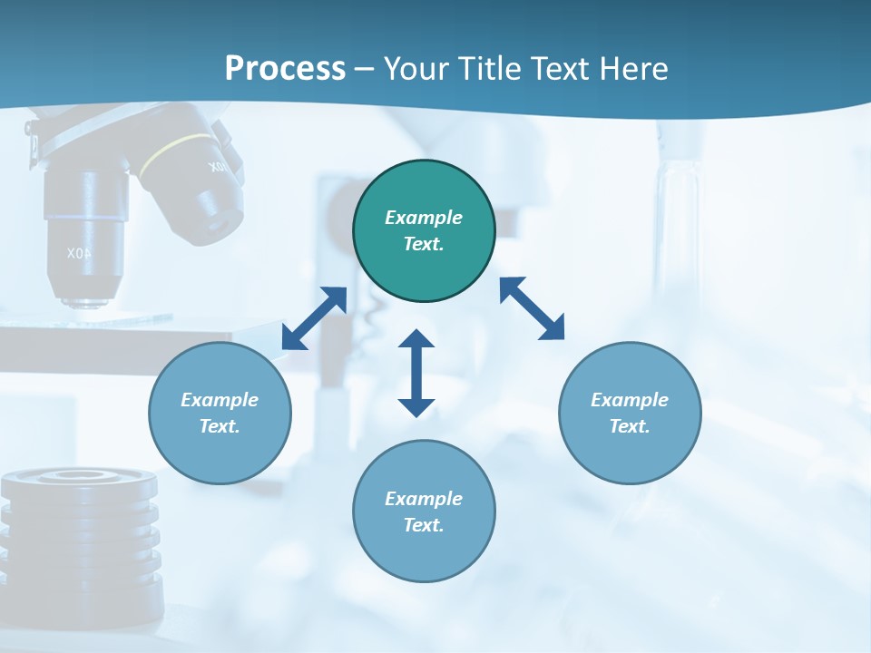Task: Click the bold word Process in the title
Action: pos(285,69)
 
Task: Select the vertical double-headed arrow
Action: pos(416,373)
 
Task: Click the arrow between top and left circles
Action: pos(314,318)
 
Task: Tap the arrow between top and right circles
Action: pos(532,308)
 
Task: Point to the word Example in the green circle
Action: pos(424,218)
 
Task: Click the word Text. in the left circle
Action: pos(220,426)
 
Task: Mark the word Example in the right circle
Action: pos(630,400)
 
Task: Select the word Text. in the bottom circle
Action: pos(424,525)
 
